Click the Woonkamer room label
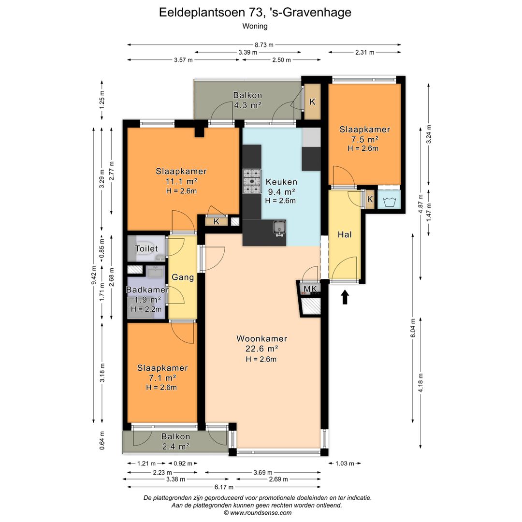[261, 339]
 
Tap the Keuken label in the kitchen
[281, 182]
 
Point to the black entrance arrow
[345, 297]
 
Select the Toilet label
[146, 248]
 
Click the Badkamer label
[147, 290]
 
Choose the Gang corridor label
[183, 277]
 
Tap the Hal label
[345, 235]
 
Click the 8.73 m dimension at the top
[264, 45]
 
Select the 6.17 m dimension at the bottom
[224, 487]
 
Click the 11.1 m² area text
[181, 181]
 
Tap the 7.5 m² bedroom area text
[364, 139]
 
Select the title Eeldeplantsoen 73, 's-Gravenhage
[255, 13]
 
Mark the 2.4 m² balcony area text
[175, 446]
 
